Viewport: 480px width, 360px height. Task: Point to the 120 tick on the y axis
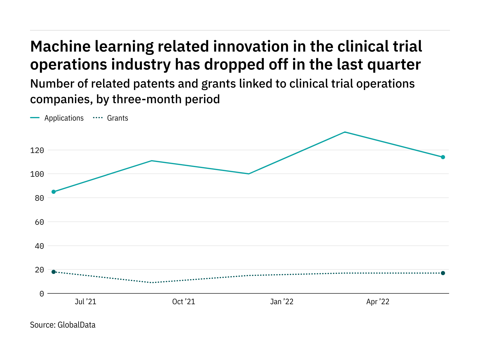[37, 150]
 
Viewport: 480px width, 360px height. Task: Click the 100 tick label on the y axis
[37, 174]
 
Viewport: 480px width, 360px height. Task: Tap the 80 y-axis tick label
[39, 198]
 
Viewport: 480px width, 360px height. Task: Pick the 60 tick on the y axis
[39, 222]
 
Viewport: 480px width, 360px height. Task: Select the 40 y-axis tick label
[39, 246]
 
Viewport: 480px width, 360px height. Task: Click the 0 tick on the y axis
[41, 294]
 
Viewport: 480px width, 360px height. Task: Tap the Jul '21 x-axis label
[85, 302]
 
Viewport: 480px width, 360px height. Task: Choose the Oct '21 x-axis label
[184, 302]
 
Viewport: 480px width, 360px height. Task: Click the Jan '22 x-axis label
[282, 302]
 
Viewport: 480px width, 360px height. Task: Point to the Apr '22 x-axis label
[378, 302]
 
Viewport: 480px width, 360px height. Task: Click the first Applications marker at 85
[54, 192]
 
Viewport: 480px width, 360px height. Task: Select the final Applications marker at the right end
[443, 157]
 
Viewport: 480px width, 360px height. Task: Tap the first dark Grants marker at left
[54, 272]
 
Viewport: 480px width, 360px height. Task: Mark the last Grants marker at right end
[443, 273]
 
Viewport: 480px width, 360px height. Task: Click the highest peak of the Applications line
[345, 132]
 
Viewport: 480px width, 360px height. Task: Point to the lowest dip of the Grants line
[152, 283]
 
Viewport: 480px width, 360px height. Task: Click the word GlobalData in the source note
[76, 325]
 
